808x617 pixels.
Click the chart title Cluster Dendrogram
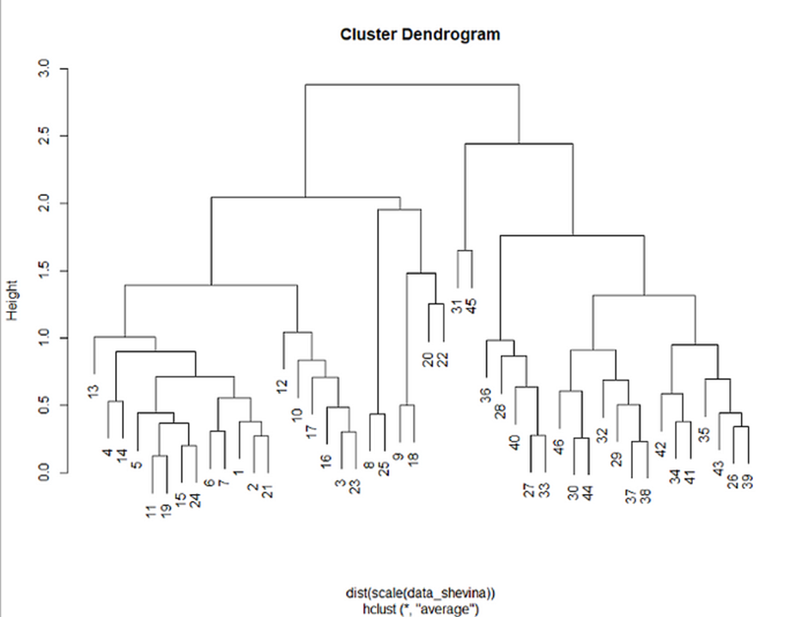coord(419,35)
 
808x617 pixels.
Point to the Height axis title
coord(12,303)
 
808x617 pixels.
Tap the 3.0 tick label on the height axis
coord(47,69)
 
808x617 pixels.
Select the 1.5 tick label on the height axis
coord(47,271)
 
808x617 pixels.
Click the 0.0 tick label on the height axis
coord(47,472)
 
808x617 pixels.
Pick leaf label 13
coord(94,391)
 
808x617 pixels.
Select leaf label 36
coord(486,394)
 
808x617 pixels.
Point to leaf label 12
coord(282,386)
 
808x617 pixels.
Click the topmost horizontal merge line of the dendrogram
coord(412,84)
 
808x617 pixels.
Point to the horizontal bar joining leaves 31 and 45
coord(465,251)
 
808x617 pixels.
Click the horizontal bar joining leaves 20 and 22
coord(435,304)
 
